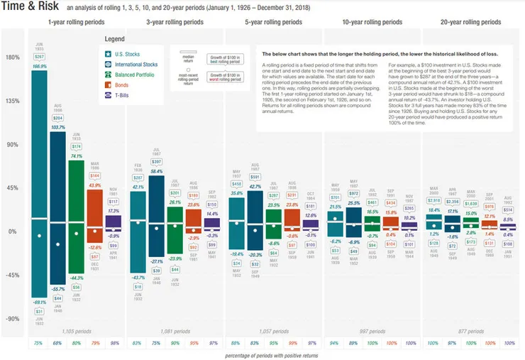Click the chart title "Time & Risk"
click(x=31, y=8)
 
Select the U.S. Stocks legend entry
click(x=128, y=53)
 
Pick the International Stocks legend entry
click(x=136, y=64)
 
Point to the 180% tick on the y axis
click(x=12, y=58)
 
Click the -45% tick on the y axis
click(x=12, y=276)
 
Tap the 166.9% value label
click(x=40, y=66)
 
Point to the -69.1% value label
click(x=40, y=302)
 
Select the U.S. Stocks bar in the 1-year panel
click(x=40, y=185)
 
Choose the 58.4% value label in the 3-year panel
click(x=157, y=172)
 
